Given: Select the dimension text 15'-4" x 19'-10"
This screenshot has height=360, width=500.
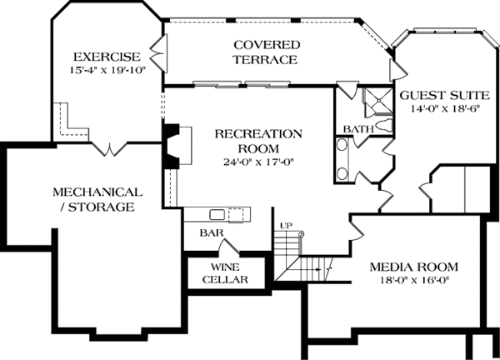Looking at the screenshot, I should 108,71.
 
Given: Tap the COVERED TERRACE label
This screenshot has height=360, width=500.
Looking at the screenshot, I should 266,52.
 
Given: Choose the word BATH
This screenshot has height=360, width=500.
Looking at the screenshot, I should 357,130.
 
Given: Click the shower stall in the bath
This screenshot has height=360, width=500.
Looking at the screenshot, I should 376,102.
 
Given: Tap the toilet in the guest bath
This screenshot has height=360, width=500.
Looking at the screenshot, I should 383,126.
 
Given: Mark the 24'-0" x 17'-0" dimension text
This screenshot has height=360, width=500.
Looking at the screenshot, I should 258,161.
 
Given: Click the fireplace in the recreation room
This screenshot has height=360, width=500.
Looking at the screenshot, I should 174,147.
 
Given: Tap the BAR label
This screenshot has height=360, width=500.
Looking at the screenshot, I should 210,234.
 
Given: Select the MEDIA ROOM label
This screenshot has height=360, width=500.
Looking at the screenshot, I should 414,267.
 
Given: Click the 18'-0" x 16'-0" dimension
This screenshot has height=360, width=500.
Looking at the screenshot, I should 414,282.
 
